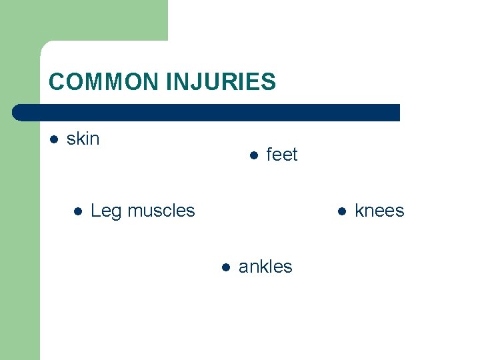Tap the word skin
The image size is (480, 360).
83,139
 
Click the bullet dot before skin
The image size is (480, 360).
54,139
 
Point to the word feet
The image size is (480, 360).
282,155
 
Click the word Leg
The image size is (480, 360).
106,211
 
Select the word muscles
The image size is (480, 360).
161,211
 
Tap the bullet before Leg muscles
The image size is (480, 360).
77,211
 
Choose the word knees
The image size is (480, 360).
379,211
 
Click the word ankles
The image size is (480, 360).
265,267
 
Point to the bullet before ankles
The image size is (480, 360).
225,267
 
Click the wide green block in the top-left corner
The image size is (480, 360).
100,20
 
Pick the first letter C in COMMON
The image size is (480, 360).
57,82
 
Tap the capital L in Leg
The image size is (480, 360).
95,211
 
